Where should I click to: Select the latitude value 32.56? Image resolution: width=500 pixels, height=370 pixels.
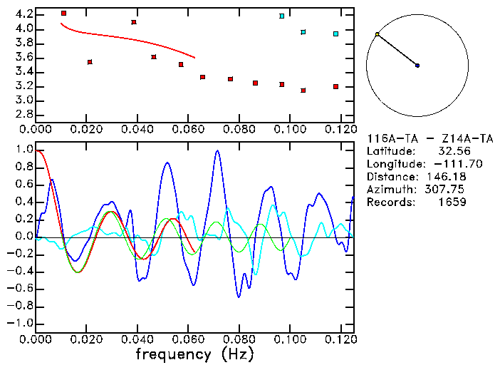point(451,151)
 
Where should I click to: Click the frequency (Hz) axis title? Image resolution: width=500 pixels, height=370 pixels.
point(194,354)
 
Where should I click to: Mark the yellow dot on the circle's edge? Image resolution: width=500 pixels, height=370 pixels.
point(377,34)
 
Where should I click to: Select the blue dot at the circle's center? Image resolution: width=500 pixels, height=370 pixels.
point(417,66)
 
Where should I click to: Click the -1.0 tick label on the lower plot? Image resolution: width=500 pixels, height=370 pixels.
point(21,324)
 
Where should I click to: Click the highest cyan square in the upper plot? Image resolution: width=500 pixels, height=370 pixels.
point(282,16)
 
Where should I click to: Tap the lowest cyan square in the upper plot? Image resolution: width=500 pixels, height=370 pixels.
point(335,34)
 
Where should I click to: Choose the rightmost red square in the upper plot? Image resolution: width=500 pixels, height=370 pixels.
point(335,87)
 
